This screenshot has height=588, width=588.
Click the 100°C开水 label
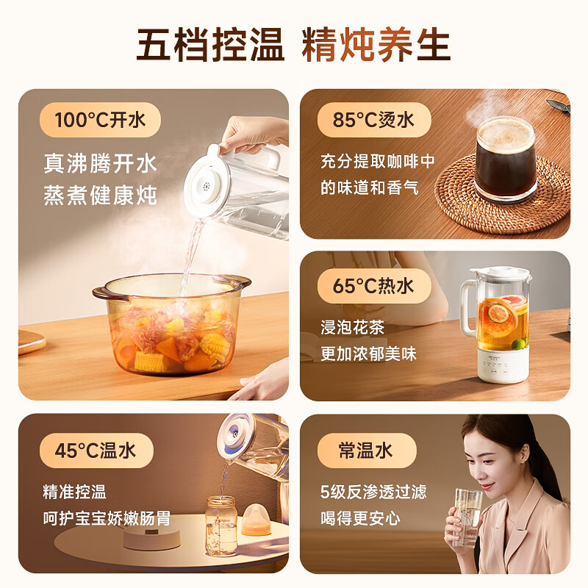[101, 120]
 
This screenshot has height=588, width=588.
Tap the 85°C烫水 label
[373, 120]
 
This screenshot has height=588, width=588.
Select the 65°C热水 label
[373, 286]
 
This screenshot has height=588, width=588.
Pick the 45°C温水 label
[96, 451]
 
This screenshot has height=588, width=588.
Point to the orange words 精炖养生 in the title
[376, 45]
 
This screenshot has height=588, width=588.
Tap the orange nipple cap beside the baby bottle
[256, 518]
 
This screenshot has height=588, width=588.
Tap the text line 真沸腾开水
[100, 163]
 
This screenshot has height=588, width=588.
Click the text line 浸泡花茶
[352, 327]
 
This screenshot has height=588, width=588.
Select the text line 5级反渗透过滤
[373, 492]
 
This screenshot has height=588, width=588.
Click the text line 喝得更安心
[360, 517]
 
